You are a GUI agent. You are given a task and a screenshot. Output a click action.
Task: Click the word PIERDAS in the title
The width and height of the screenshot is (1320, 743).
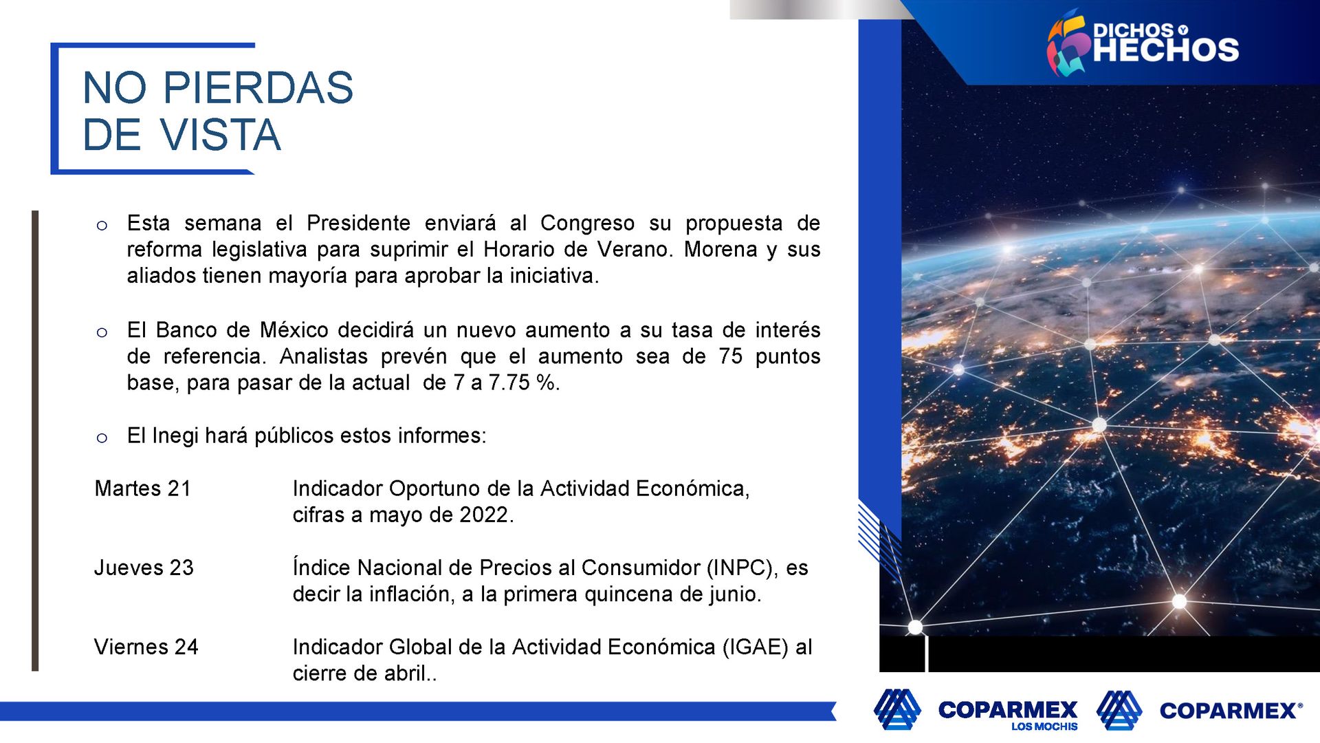point(258,88)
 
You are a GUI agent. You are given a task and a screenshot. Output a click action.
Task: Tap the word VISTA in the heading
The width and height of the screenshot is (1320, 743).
point(221,134)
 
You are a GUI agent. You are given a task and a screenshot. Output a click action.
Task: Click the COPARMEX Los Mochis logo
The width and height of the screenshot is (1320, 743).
point(976,709)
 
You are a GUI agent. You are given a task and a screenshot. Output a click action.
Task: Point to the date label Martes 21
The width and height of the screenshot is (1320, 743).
point(143,488)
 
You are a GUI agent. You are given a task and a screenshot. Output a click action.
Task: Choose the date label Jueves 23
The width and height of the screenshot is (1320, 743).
point(144,568)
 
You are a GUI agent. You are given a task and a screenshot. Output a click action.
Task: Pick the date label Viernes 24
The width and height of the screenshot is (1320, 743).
point(146,647)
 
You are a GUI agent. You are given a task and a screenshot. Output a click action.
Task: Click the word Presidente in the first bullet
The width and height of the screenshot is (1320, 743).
point(358,223)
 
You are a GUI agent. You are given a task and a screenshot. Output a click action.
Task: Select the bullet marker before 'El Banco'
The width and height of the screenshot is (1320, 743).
point(102,333)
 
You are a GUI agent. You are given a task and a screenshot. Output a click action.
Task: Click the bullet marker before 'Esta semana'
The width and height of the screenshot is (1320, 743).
point(102,226)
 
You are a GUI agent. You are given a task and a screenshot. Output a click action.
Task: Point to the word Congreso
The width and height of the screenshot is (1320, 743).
point(587,224)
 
